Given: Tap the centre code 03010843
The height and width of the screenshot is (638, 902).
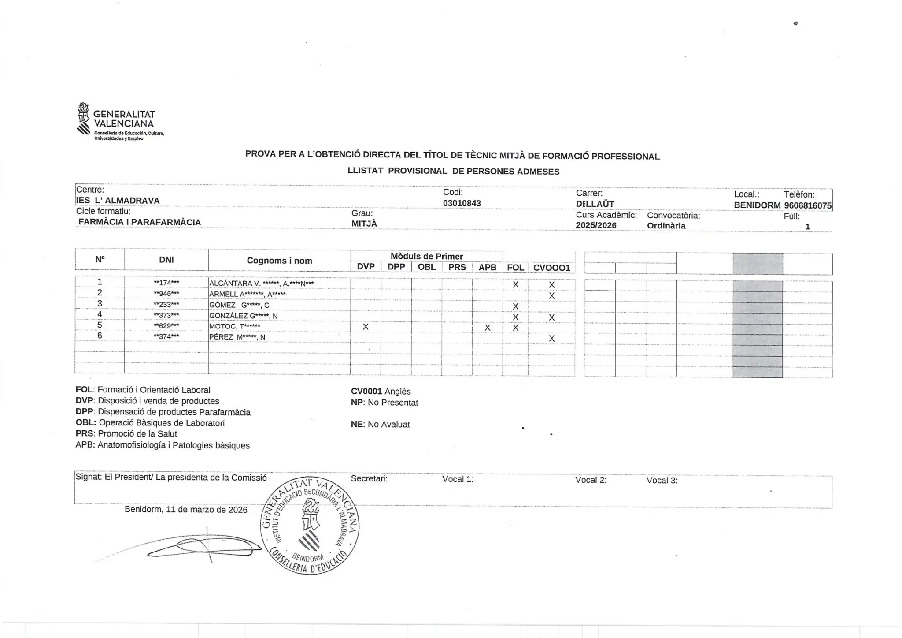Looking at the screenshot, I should (x=462, y=203).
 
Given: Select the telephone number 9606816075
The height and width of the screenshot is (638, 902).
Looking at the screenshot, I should (x=807, y=206).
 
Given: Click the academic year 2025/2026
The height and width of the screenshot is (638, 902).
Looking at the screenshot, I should (x=596, y=225).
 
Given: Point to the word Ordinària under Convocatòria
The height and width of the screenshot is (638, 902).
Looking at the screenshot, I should (x=666, y=226).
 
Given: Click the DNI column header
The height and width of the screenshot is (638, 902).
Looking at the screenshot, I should (x=166, y=260).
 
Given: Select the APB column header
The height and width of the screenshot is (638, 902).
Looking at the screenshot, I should (x=487, y=267).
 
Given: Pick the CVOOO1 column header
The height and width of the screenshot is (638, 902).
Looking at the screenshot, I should (x=551, y=268).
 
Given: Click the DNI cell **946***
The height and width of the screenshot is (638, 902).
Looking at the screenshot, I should (x=166, y=294).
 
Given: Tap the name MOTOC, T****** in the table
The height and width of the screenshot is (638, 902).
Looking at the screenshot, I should (x=234, y=326).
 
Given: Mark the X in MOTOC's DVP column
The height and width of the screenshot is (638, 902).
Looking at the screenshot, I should (x=365, y=327).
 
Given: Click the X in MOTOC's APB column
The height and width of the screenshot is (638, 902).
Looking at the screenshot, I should (x=487, y=328).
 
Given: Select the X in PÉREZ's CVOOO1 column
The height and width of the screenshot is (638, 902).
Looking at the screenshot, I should (x=551, y=339).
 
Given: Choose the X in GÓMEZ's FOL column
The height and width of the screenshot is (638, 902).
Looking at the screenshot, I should (x=515, y=306).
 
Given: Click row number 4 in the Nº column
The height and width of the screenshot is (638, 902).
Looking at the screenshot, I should (x=100, y=314).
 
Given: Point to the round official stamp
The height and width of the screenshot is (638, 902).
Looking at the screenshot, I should (x=310, y=526).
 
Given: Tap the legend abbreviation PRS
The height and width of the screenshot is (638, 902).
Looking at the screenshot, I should (x=84, y=434).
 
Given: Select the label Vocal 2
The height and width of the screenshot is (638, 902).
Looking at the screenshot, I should (x=591, y=480).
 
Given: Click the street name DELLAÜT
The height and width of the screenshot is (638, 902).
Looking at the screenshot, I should (x=595, y=204).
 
